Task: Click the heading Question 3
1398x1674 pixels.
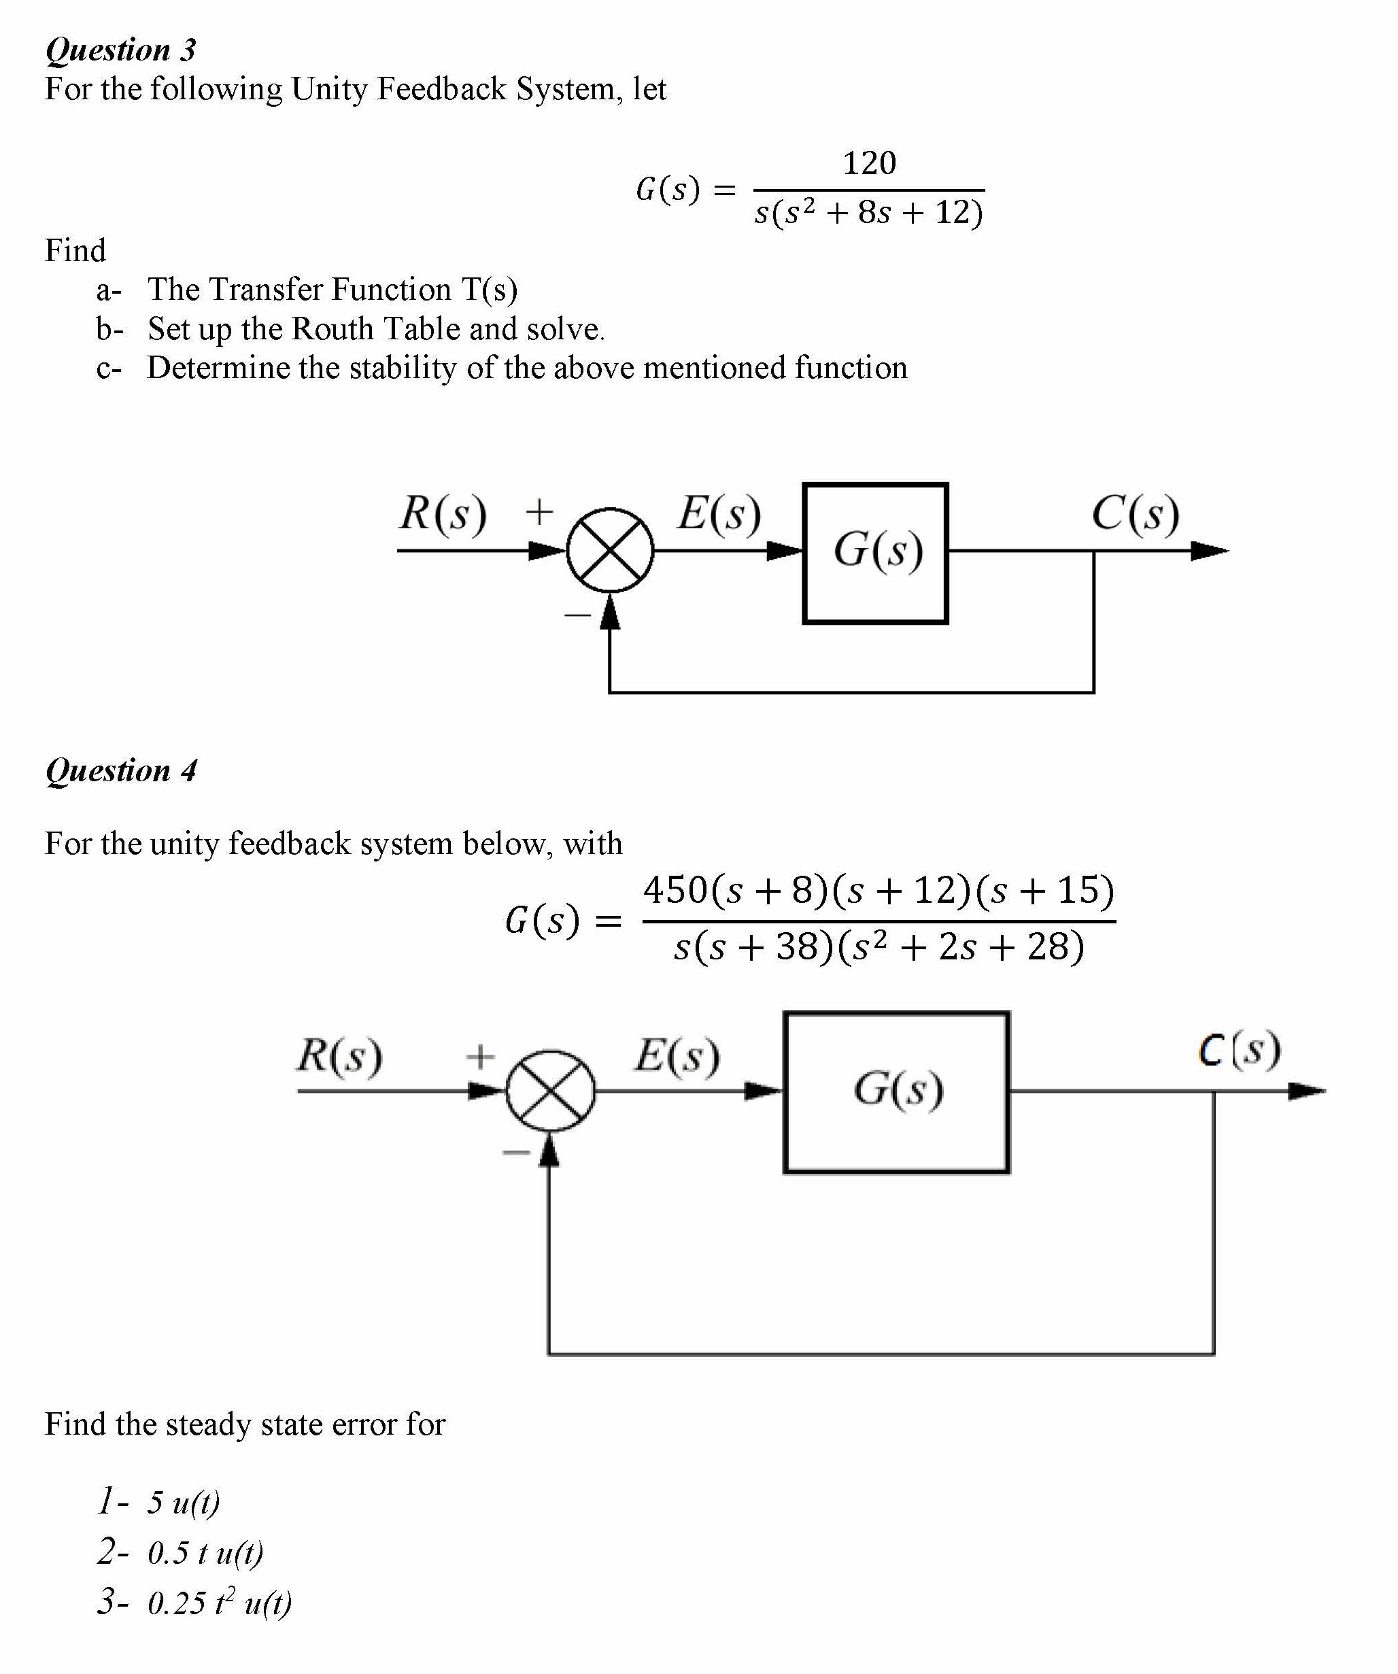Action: click(x=120, y=50)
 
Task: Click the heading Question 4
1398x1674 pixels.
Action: click(x=120, y=770)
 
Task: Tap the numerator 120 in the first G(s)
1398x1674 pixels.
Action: click(x=869, y=163)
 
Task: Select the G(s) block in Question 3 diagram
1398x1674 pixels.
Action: click(x=875, y=553)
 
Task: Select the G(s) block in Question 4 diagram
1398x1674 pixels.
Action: click(x=897, y=1092)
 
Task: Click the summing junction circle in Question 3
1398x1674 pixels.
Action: click(x=610, y=551)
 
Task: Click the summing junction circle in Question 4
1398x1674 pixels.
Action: click(x=550, y=1091)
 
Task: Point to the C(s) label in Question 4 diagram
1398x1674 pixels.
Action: click(x=1240, y=1050)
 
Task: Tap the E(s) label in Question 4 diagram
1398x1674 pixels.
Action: click(x=677, y=1055)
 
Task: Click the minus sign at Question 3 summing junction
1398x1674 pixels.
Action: click(x=577, y=615)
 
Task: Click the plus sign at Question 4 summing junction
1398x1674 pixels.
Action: click(x=480, y=1057)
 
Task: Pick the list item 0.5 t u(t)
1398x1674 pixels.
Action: click(x=205, y=1553)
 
